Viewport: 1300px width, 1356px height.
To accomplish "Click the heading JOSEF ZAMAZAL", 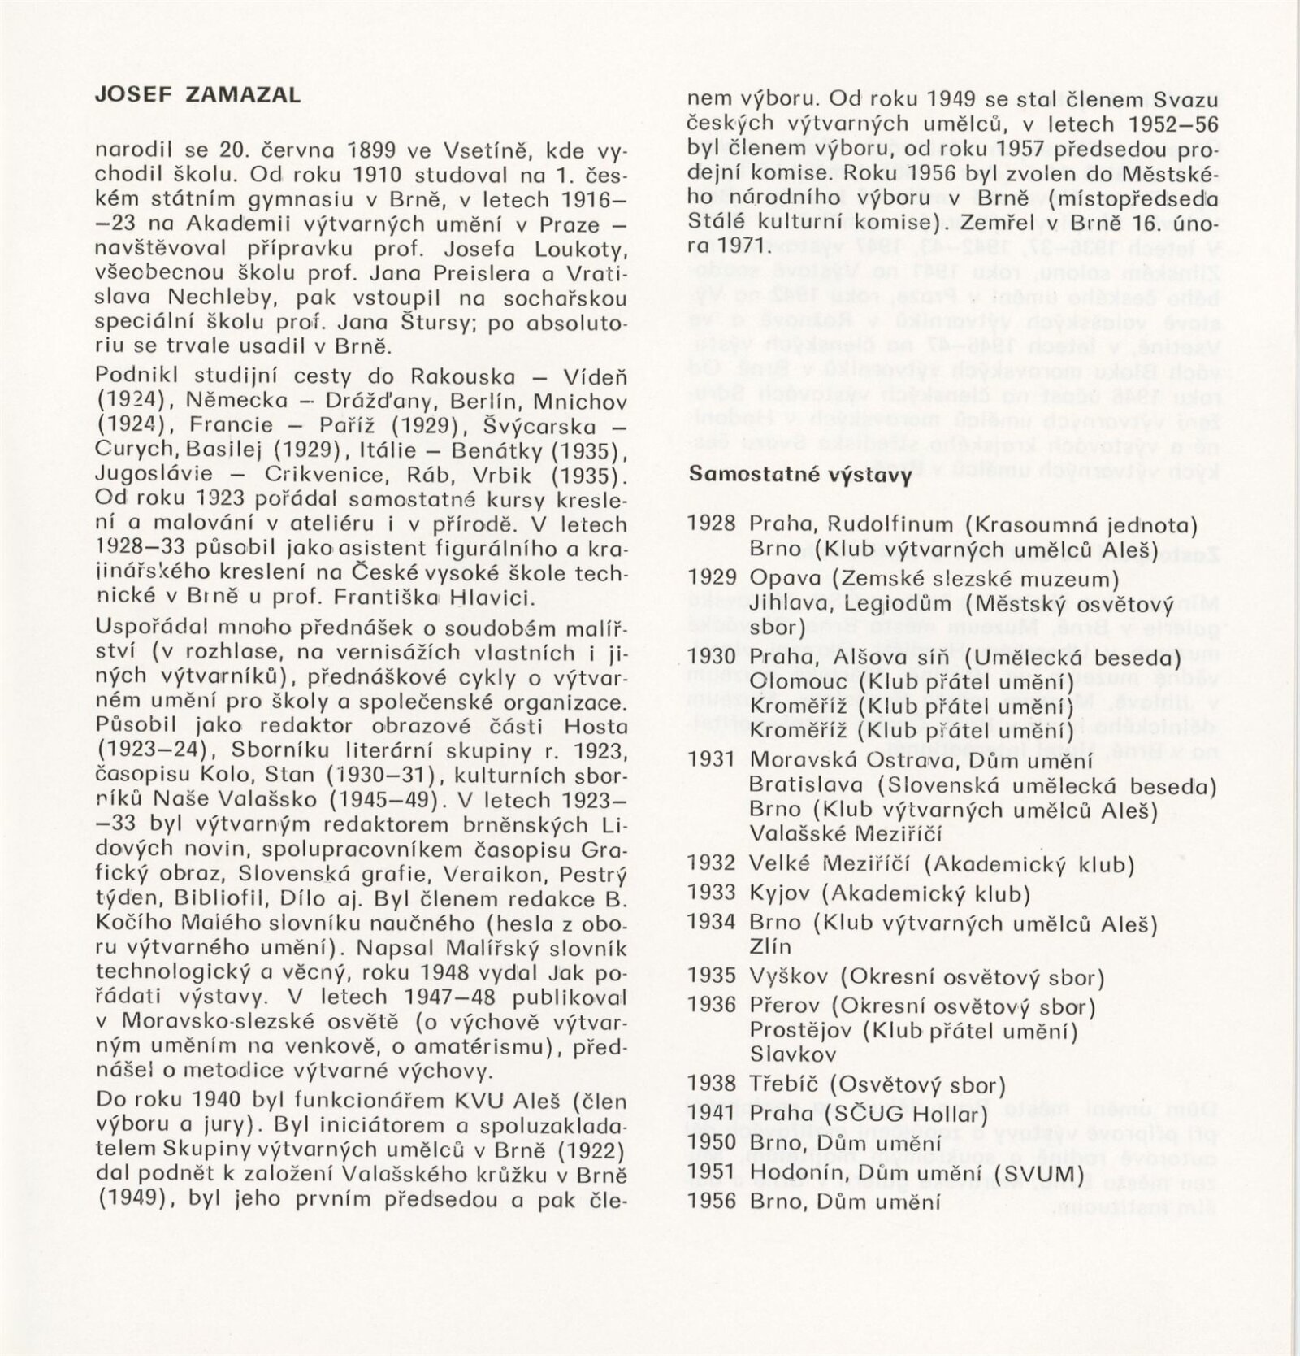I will [x=197, y=95].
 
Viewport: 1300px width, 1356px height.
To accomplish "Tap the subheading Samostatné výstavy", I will [x=799, y=475].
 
